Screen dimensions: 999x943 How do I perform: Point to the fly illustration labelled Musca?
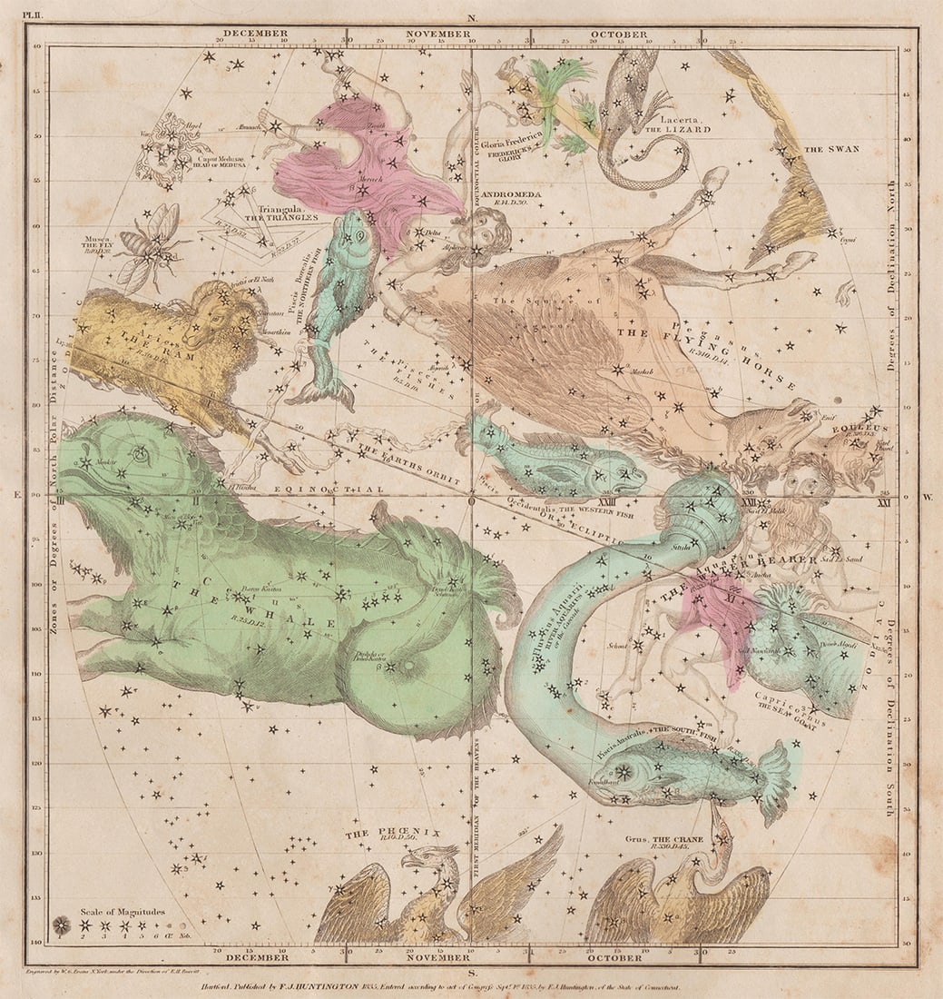coord(150,241)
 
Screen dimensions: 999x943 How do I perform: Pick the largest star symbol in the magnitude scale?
coord(62,925)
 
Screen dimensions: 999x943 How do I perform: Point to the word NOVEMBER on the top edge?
coord(438,34)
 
